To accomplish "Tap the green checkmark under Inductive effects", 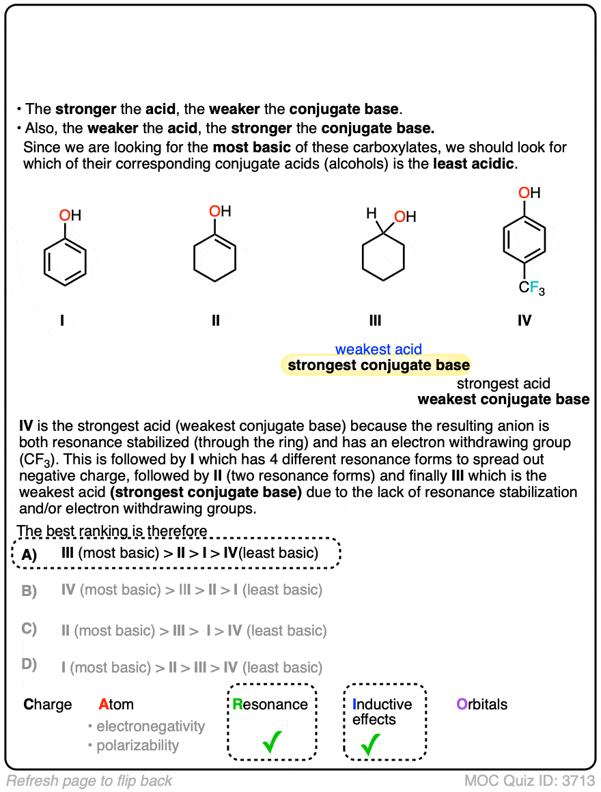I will [x=370, y=743].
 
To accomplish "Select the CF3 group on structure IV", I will [x=532, y=289].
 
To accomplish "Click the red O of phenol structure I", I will [x=64, y=216].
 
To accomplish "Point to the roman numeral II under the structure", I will [x=216, y=320].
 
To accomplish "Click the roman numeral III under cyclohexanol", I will [x=374, y=320].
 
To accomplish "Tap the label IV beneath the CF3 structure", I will [x=524, y=320].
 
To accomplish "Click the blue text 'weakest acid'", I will [x=378, y=350].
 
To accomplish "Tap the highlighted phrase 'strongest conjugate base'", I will [x=378, y=365].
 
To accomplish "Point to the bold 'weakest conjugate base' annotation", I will [x=503, y=399].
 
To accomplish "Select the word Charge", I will [x=48, y=705].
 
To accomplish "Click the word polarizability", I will [x=137, y=746].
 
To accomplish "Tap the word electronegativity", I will [x=150, y=726].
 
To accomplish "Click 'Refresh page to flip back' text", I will [x=89, y=781].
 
